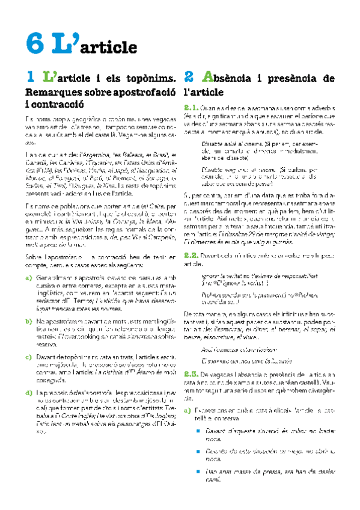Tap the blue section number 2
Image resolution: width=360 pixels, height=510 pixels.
189,78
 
